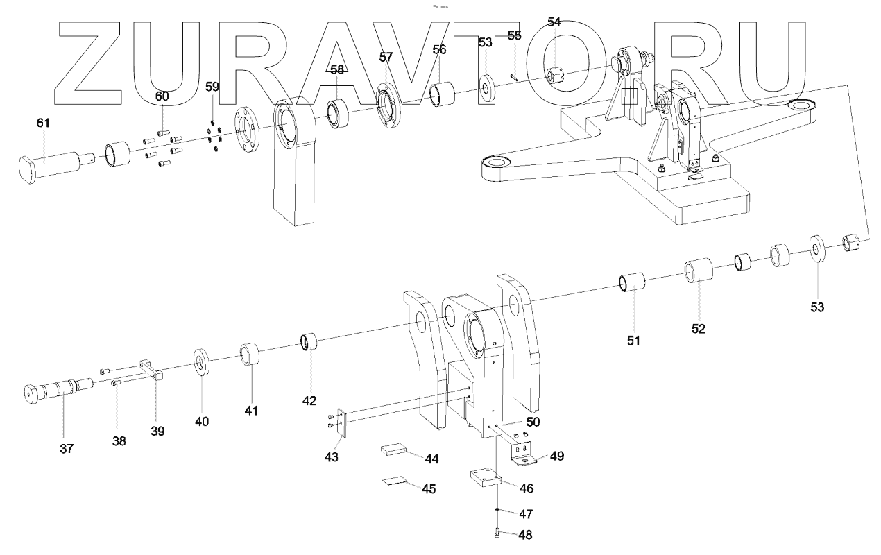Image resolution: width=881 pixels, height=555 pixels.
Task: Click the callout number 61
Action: coord(43,123)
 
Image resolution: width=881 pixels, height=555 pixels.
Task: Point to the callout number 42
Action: coord(309,400)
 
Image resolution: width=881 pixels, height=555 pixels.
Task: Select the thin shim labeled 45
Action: coord(397,481)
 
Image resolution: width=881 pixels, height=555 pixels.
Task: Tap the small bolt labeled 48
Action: coord(497,533)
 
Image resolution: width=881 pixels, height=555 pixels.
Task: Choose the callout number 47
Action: coord(527,514)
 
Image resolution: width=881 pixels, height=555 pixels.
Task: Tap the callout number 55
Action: coord(514,35)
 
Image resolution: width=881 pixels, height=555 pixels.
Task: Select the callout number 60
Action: coord(161,96)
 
